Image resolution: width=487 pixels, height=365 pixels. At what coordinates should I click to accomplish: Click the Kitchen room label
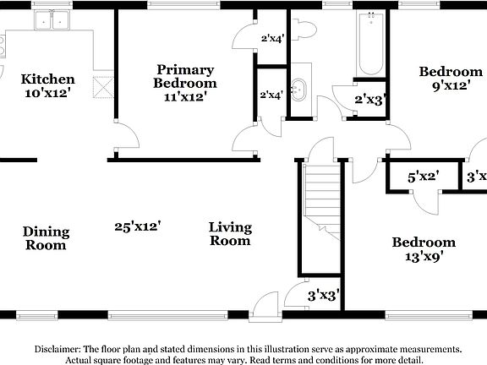click(47, 79)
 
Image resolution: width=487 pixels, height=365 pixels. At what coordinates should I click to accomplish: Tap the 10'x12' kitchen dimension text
click(47, 93)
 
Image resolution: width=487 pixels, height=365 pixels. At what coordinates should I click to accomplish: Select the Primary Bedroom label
click(184, 76)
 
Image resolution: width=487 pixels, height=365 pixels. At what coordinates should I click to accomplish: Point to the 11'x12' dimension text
click(184, 96)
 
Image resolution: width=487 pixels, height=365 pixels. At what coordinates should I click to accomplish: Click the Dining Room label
click(46, 238)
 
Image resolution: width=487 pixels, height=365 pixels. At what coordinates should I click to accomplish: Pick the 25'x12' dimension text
click(138, 226)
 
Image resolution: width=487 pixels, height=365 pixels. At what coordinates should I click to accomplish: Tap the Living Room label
click(230, 233)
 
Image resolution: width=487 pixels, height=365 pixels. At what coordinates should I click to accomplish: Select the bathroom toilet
click(304, 30)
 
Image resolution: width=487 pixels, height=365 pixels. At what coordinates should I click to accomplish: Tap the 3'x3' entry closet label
click(323, 296)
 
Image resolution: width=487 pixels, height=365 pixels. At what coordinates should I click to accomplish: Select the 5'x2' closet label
click(423, 177)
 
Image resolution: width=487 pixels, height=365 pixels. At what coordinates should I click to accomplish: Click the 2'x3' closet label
click(370, 100)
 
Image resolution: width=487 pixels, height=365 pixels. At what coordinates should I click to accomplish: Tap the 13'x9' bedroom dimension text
click(423, 256)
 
